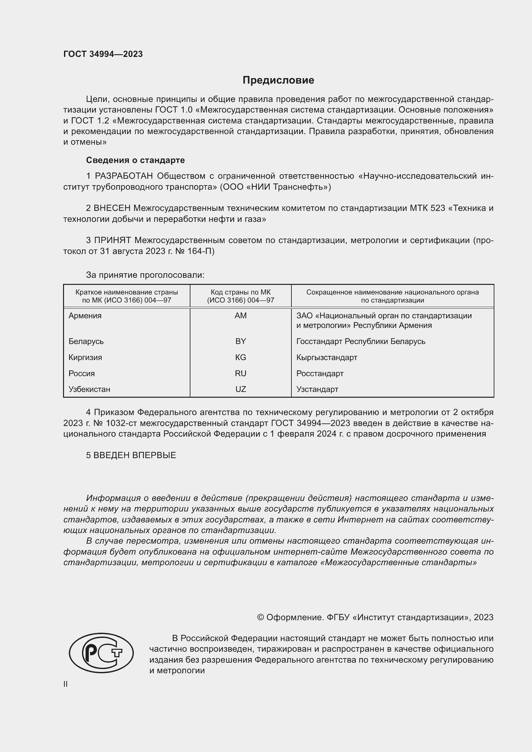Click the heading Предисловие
pyautogui.click(x=278, y=80)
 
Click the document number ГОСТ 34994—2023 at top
pyautogui.click(x=103, y=54)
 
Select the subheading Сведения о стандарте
pyautogui.click(x=135, y=160)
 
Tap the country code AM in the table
pyautogui.click(x=241, y=316)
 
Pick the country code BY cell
pyautogui.click(x=241, y=341)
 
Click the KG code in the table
pyautogui.click(x=241, y=357)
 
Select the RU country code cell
pyautogui.click(x=241, y=373)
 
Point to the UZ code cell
pyautogui.click(x=241, y=389)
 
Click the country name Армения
pyautogui.click(x=85, y=316)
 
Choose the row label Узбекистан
pyautogui.click(x=89, y=389)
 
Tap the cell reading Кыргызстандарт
pyautogui.click(x=326, y=357)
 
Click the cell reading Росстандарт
pyautogui.click(x=320, y=373)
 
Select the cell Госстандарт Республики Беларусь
pyautogui.click(x=361, y=341)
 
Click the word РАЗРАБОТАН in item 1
pyautogui.click(x=124, y=176)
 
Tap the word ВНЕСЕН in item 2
pyautogui.click(x=112, y=208)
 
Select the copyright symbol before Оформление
pyautogui.click(x=261, y=617)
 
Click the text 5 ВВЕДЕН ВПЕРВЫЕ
pyautogui.click(x=131, y=455)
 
